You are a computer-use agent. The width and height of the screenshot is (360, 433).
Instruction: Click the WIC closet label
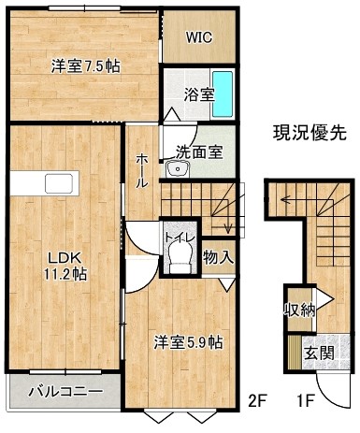click(x=199, y=37)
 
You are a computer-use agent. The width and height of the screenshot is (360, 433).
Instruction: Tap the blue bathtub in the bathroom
click(x=223, y=94)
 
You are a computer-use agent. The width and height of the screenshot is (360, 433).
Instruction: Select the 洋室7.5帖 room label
click(x=86, y=66)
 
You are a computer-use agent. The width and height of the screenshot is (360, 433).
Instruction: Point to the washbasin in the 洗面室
click(x=178, y=169)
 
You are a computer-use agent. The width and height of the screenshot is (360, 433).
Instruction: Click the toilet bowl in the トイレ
click(x=180, y=256)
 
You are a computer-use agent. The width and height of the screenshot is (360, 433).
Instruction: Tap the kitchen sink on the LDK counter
click(x=59, y=183)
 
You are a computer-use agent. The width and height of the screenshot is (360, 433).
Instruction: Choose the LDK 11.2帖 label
click(x=65, y=266)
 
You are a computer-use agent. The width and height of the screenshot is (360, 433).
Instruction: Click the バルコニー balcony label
click(x=65, y=392)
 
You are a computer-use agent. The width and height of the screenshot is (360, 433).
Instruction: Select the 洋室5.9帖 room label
click(x=188, y=342)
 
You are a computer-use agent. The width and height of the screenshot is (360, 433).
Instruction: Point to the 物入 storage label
click(x=218, y=257)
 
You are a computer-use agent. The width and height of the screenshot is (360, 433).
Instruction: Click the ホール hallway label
click(x=142, y=171)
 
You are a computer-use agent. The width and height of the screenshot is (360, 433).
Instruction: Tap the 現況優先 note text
click(x=310, y=133)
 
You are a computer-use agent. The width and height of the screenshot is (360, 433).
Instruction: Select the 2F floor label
click(x=256, y=401)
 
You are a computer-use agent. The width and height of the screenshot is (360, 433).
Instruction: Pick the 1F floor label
click(x=305, y=401)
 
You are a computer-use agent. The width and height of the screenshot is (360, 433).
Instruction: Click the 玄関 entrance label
click(x=319, y=354)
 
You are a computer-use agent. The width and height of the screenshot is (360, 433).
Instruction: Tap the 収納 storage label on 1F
click(x=299, y=310)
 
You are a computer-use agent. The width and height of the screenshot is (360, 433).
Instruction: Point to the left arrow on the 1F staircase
click(x=286, y=199)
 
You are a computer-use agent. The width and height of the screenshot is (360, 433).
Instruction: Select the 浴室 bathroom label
click(x=199, y=94)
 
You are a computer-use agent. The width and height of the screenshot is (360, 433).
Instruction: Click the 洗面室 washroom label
click(x=199, y=152)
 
